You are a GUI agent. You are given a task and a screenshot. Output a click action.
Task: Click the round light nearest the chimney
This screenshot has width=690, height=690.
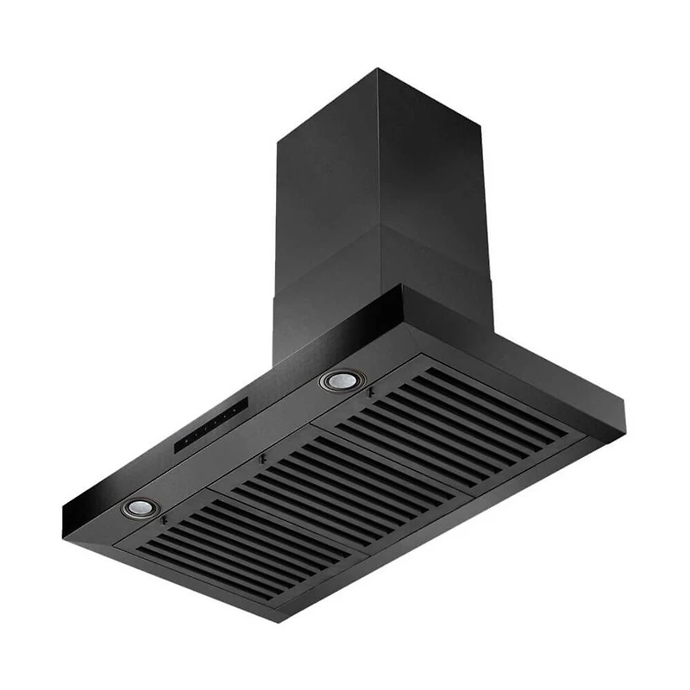(x=342, y=379)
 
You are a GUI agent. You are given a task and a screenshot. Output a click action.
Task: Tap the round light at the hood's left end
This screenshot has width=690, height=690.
(x=139, y=508)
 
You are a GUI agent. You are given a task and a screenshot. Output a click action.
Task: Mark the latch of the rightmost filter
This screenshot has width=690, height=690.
(x=369, y=393)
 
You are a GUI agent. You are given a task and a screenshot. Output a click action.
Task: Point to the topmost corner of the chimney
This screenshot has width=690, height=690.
(x=377, y=69)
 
